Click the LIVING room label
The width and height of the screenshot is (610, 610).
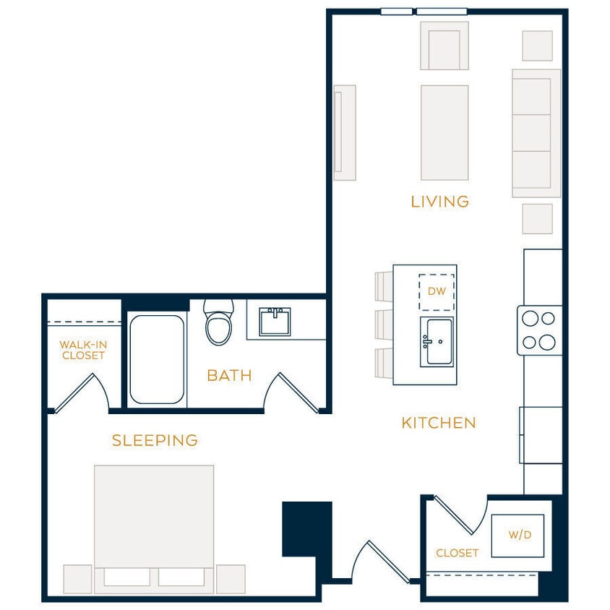(439, 202)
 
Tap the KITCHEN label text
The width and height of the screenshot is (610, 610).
(439, 423)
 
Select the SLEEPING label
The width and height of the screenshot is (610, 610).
(155, 440)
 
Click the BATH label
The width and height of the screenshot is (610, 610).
(229, 375)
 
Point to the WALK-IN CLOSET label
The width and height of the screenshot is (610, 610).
(83, 351)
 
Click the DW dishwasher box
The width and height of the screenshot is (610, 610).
(437, 292)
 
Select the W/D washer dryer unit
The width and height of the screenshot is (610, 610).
(517, 536)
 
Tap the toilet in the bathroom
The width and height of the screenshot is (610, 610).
(218, 322)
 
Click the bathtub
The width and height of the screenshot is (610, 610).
(157, 359)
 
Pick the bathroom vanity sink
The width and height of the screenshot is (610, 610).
(275, 321)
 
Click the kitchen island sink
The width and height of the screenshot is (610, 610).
(437, 341)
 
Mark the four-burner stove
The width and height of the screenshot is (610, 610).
(539, 330)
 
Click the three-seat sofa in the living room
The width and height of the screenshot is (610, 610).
(536, 133)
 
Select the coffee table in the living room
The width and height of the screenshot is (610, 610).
(444, 132)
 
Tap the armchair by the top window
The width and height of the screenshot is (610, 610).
(444, 46)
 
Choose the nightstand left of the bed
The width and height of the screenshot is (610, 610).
(77, 579)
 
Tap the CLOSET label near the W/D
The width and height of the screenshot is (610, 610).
(457, 553)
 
